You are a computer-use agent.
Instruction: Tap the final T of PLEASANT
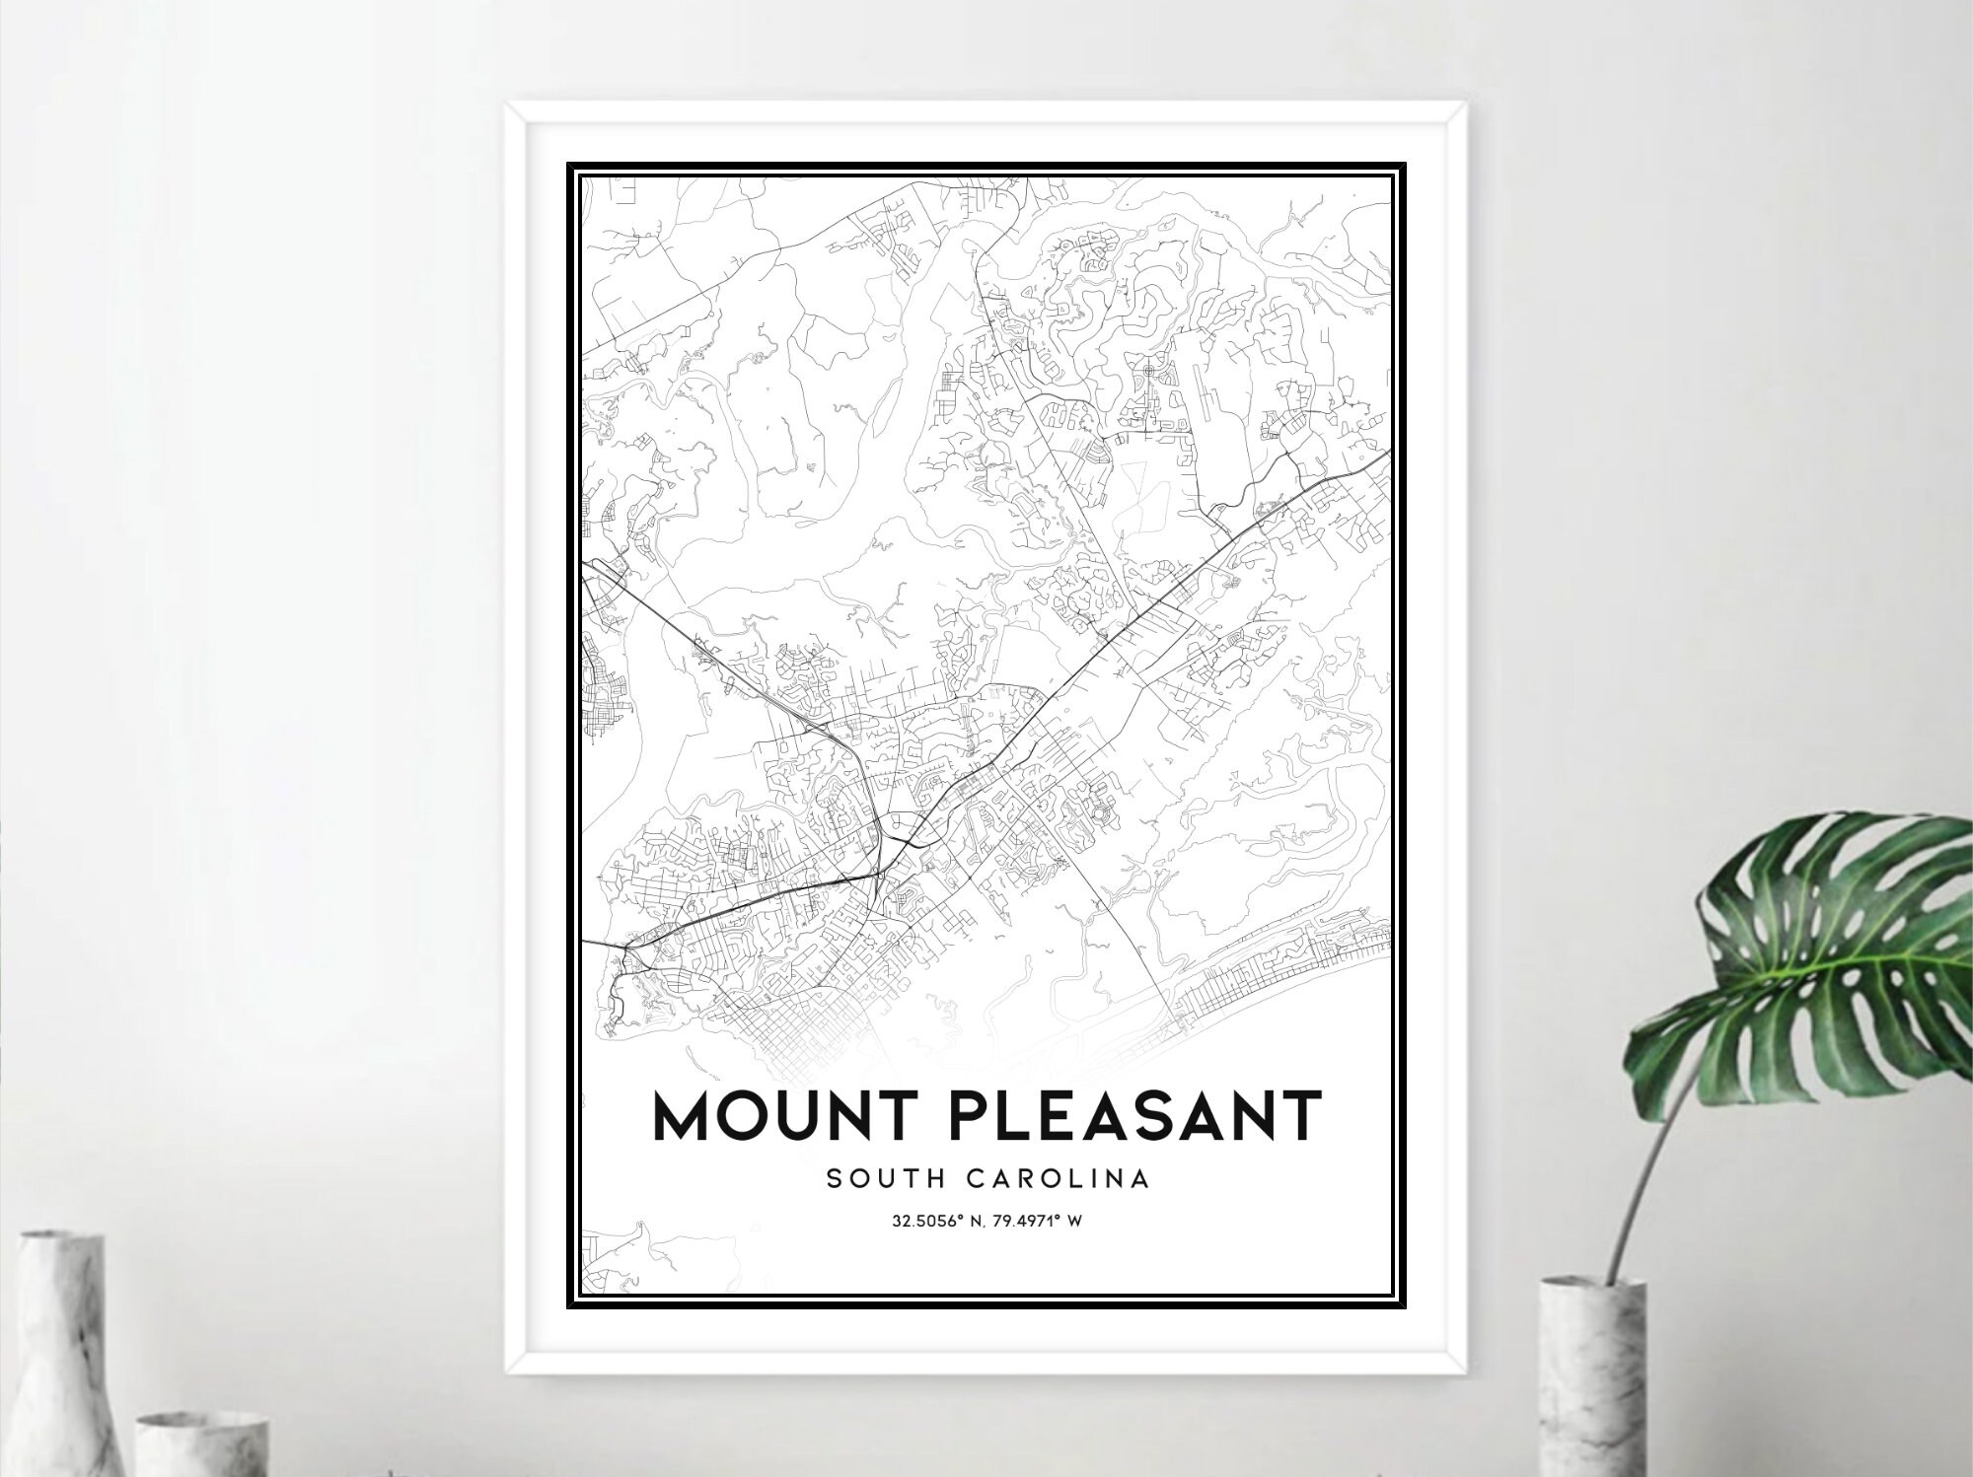click(1301, 1115)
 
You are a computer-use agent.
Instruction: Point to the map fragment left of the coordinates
click(631, 1252)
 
